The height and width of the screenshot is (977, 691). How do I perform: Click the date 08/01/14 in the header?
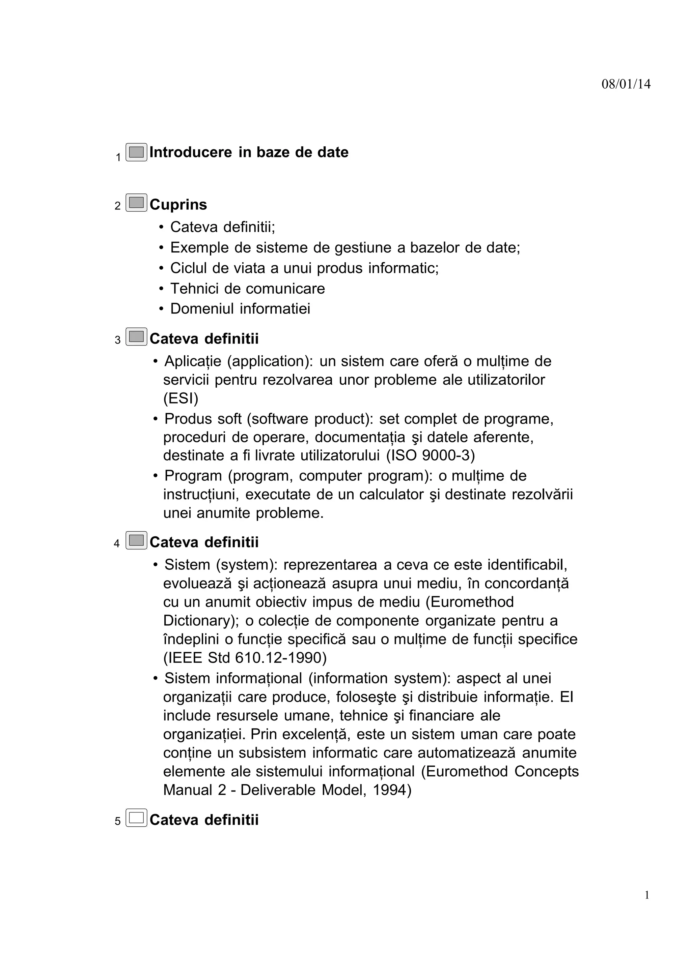(x=626, y=84)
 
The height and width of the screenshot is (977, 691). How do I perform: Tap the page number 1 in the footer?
(x=647, y=895)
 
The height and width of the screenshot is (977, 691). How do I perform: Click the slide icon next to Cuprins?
(x=136, y=203)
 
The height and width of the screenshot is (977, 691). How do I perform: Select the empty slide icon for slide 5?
(x=136, y=818)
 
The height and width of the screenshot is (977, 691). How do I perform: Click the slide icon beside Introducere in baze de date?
(x=136, y=152)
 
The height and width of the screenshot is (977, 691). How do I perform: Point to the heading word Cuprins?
(x=178, y=205)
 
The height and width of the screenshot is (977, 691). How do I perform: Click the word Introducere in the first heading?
(x=190, y=152)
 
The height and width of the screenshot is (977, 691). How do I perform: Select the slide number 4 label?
(x=117, y=544)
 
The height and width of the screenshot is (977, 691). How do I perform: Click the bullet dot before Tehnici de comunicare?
(x=161, y=289)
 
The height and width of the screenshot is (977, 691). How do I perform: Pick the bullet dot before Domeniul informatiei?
(x=161, y=309)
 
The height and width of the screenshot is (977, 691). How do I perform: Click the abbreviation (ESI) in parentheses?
(x=181, y=398)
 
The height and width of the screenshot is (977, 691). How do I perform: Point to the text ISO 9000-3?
(x=430, y=456)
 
